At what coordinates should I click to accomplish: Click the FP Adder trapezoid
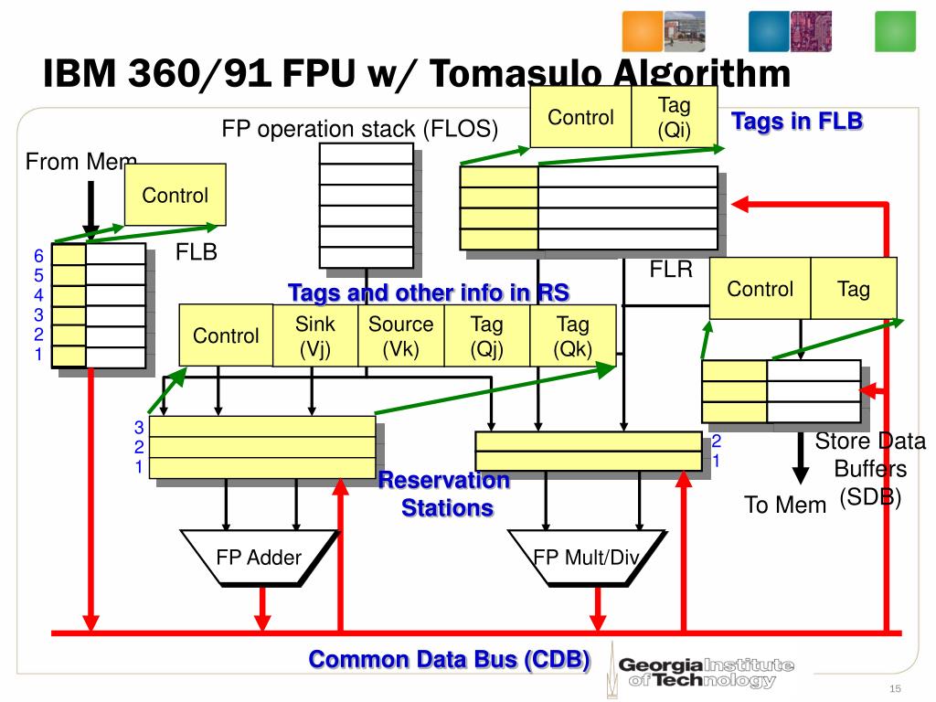pyautogui.click(x=259, y=557)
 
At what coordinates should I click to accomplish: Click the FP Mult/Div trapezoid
pyautogui.click(x=585, y=557)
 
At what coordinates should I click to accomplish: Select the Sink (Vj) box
pyautogui.click(x=315, y=335)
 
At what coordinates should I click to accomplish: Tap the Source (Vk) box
pyautogui.click(x=400, y=335)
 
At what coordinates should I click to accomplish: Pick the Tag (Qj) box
pyautogui.click(x=486, y=335)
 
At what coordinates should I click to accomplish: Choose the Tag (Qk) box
pyautogui.click(x=573, y=335)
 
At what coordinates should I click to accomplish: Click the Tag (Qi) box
pyautogui.click(x=674, y=117)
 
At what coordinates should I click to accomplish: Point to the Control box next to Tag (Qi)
pyautogui.click(x=580, y=117)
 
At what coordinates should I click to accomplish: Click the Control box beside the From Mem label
pyautogui.click(x=175, y=195)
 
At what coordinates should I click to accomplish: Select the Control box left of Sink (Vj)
pyautogui.click(x=226, y=335)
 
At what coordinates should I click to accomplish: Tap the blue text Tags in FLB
pyautogui.click(x=797, y=121)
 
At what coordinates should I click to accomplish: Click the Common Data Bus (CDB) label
pyautogui.click(x=449, y=659)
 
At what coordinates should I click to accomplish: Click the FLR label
pyautogui.click(x=672, y=270)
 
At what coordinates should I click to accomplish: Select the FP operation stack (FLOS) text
pyautogui.click(x=360, y=129)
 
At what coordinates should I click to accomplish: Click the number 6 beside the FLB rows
pyautogui.click(x=38, y=256)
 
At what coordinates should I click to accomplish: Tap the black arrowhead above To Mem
pyautogui.click(x=800, y=473)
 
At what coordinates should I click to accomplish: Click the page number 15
pyautogui.click(x=895, y=688)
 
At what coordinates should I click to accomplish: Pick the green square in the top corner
pyautogui.click(x=896, y=32)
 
